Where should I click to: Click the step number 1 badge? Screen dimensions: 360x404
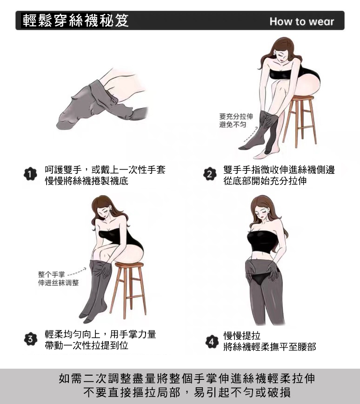coord(30,174)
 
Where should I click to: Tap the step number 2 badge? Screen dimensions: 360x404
coord(210,174)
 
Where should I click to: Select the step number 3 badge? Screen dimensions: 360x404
coord(31,339)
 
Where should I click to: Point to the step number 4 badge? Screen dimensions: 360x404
coord(211,342)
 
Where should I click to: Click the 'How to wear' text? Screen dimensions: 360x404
coord(302,21)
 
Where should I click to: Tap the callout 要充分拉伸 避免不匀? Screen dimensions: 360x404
coord(236,120)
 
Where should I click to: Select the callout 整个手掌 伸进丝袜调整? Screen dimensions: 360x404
coord(58,278)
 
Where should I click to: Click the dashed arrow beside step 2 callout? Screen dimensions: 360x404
coord(250,135)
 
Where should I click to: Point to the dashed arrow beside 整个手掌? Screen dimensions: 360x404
coord(77,272)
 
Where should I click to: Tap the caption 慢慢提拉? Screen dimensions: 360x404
coord(242,336)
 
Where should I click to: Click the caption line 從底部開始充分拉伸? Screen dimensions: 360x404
coord(265,181)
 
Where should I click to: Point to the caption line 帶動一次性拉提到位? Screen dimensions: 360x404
coord(87,345)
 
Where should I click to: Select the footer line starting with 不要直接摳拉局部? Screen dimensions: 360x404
coord(187,392)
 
